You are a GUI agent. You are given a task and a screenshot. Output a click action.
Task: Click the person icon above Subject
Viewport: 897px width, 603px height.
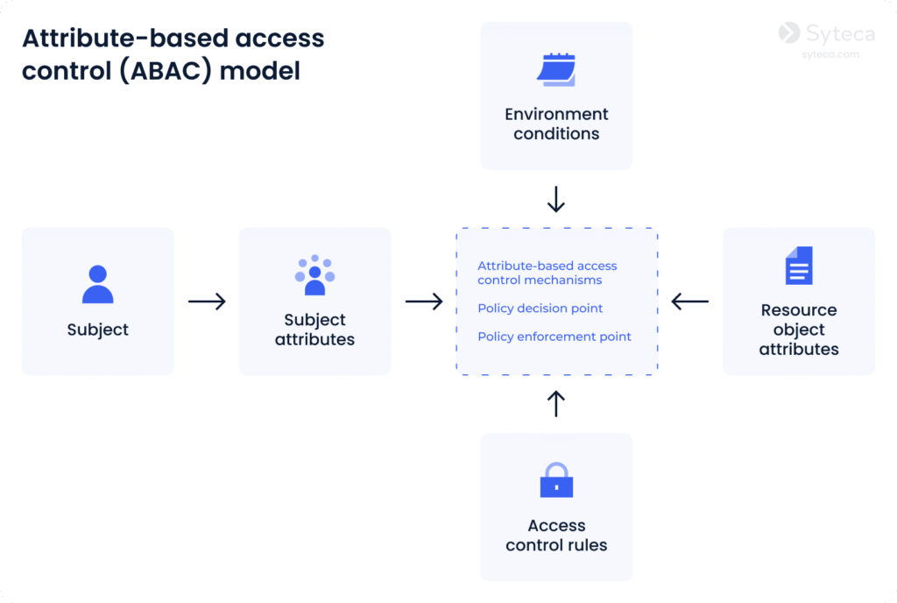pyautogui.click(x=97, y=284)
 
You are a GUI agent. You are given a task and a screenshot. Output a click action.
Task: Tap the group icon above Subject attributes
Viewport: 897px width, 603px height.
pyautogui.click(x=314, y=275)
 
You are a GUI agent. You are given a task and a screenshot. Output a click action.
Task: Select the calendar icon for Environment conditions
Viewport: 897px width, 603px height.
pyautogui.click(x=556, y=70)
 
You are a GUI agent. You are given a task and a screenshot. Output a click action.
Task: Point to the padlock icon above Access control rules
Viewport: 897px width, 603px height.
pyautogui.click(x=556, y=479)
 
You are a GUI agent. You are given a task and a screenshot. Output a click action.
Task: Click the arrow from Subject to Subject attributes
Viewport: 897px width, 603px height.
pyautogui.click(x=207, y=301)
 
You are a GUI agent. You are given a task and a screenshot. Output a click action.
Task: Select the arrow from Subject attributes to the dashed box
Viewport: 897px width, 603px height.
pyautogui.click(x=424, y=301)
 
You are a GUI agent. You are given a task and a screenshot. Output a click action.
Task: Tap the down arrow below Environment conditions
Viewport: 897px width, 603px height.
pyautogui.click(x=556, y=199)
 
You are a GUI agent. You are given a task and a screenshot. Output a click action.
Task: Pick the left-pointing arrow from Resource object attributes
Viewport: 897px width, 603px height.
pyautogui.click(x=690, y=301)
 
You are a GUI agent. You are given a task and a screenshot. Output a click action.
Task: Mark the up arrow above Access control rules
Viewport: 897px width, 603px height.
pyautogui.click(x=556, y=403)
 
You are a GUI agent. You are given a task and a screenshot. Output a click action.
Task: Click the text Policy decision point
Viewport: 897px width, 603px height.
pyautogui.click(x=540, y=309)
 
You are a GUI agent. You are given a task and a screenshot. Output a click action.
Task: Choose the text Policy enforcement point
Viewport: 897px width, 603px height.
pyautogui.click(x=554, y=337)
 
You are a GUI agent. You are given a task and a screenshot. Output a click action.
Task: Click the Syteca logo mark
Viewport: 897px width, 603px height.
pyautogui.click(x=789, y=33)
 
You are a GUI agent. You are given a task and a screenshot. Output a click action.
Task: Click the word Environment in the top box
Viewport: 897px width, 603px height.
pyautogui.click(x=556, y=114)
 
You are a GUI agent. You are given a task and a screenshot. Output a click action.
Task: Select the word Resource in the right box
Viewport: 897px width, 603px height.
pyautogui.click(x=798, y=309)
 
